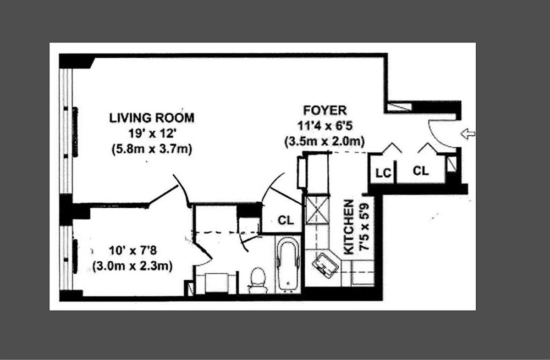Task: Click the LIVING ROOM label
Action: point(152,118)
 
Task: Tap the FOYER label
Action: point(325,111)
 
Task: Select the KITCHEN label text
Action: point(349,227)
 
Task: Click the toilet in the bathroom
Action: point(258,280)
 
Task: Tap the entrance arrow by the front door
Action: point(468,134)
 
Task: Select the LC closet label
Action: point(384,173)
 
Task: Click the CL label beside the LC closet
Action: point(421,171)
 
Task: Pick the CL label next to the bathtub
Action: point(286,221)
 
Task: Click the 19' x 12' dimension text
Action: point(152,134)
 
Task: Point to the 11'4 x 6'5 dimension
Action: point(325,126)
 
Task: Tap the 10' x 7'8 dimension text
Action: point(133,251)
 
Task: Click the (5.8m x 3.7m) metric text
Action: point(152,149)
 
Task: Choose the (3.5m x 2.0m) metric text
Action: point(324,142)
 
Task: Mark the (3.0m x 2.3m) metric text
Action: point(132,266)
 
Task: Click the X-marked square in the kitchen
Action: point(317,210)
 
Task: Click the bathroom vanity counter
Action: point(216,283)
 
